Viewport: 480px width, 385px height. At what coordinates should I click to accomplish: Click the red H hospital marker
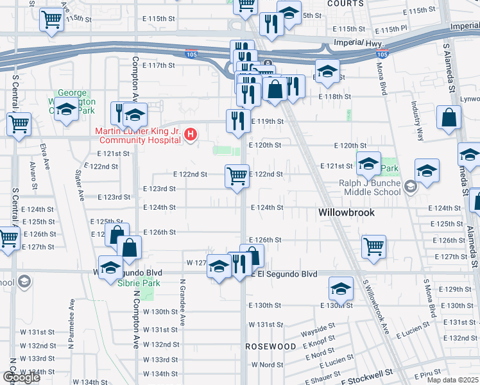[x=190, y=134]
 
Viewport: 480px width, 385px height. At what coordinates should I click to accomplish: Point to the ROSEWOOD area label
[x=271, y=346]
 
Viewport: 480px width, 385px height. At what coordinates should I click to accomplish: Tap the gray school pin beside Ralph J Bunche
[x=411, y=187]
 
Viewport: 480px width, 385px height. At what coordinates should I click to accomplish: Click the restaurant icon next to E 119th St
[x=238, y=120]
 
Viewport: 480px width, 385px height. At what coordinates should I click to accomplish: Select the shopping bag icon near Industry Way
[x=449, y=117]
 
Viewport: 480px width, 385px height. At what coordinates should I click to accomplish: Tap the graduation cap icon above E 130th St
[x=341, y=288]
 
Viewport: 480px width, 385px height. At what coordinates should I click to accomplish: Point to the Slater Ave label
[x=79, y=184]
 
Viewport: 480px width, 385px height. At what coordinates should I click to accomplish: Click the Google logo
[x=21, y=377]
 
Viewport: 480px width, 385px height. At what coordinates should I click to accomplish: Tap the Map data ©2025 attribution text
[x=452, y=380]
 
